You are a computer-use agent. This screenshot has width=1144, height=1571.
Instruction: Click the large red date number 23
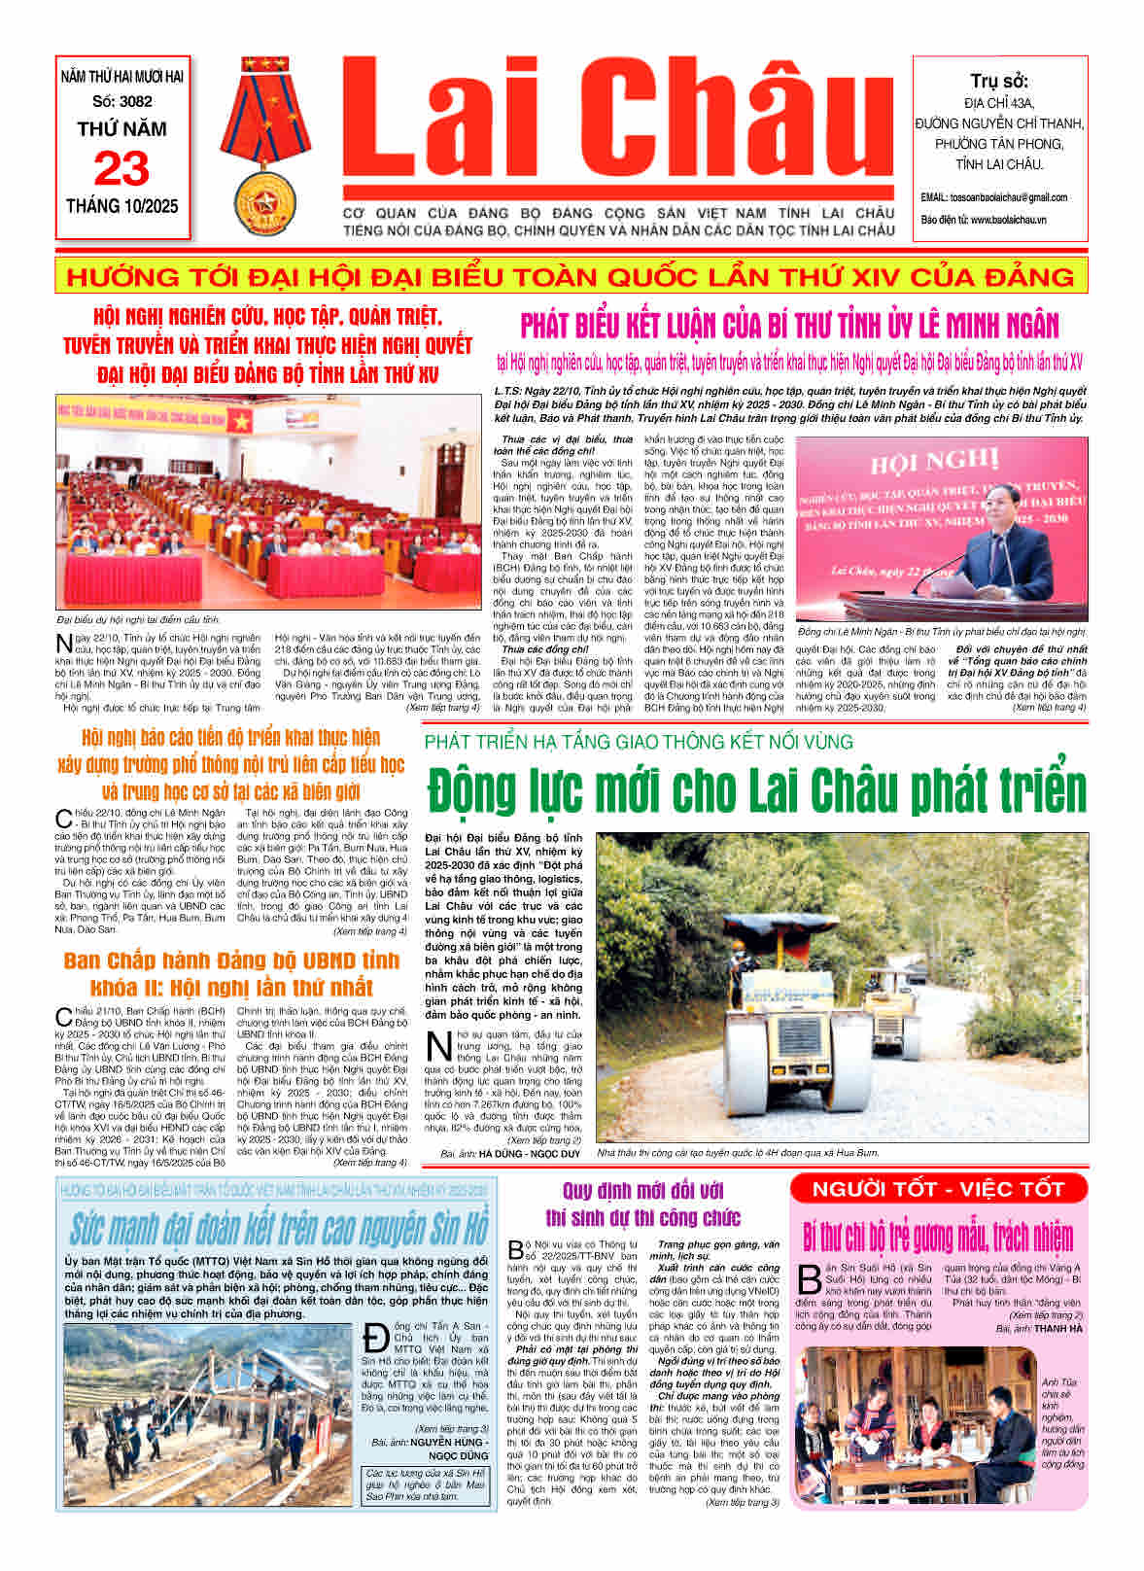coord(121,168)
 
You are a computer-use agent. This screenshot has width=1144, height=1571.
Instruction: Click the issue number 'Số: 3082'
coord(122,101)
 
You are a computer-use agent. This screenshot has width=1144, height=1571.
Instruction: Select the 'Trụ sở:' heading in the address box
coord(999,81)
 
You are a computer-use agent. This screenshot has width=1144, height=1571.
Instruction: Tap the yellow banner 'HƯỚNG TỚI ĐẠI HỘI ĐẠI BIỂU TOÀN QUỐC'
coord(572,277)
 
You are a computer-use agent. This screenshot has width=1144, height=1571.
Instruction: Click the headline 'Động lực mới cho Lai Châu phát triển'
coord(756,788)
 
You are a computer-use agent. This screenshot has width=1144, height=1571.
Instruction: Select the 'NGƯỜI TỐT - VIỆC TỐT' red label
coord(938,1188)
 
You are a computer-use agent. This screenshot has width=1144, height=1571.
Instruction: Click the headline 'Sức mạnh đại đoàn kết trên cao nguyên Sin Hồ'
coord(278,1228)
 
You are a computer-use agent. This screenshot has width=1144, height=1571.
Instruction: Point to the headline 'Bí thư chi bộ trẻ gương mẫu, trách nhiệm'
coord(938,1238)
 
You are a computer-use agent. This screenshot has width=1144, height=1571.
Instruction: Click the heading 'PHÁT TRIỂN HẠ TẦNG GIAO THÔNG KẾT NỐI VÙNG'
coord(639,742)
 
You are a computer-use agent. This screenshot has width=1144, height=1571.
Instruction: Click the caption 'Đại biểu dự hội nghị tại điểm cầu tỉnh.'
coord(139,619)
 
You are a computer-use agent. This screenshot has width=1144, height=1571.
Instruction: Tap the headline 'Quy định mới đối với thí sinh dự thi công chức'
coord(642,1204)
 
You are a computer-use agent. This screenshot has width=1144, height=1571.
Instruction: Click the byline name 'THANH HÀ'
coord(1058,1328)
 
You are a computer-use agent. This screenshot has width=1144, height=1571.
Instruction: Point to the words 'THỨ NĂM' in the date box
coord(121,129)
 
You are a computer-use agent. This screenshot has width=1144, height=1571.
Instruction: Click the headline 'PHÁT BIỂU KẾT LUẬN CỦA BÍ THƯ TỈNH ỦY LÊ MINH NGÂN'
coord(789,325)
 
